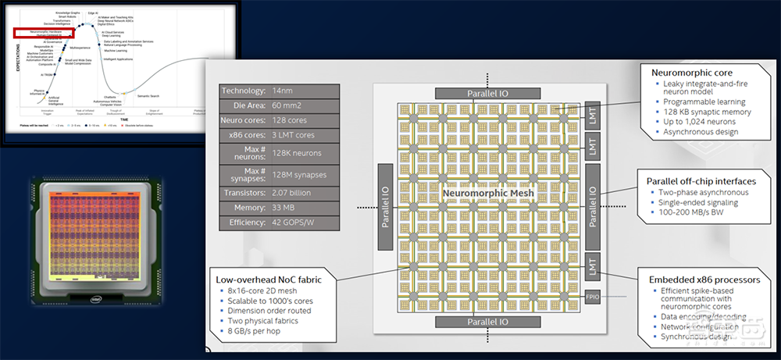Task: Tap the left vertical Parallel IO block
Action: coord(385,208)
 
